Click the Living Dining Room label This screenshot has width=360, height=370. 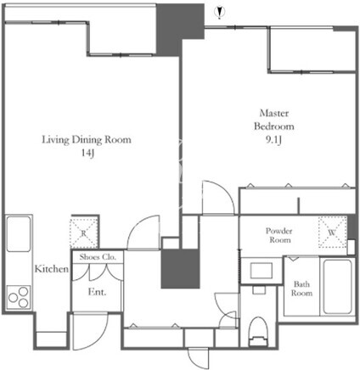[87, 140]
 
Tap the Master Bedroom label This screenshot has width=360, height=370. [274, 120]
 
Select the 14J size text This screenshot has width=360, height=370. [87, 153]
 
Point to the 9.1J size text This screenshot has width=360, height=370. [273, 140]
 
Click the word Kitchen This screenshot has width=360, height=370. [52, 269]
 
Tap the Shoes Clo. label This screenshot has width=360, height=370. [98, 257]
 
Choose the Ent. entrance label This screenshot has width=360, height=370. [97, 292]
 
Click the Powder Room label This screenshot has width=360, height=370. [279, 235]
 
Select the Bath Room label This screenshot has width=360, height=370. [301, 289]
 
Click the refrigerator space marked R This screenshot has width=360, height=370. [84, 232]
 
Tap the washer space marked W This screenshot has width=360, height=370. [333, 232]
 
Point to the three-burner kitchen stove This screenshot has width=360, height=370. [19, 297]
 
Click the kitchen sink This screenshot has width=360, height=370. [19, 233]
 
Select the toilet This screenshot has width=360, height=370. [258, 331]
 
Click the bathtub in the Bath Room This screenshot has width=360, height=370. [338, 286]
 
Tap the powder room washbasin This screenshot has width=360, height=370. [261, 270]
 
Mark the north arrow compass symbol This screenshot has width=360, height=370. [219, 12]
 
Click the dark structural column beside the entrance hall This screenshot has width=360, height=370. [181, 269]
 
